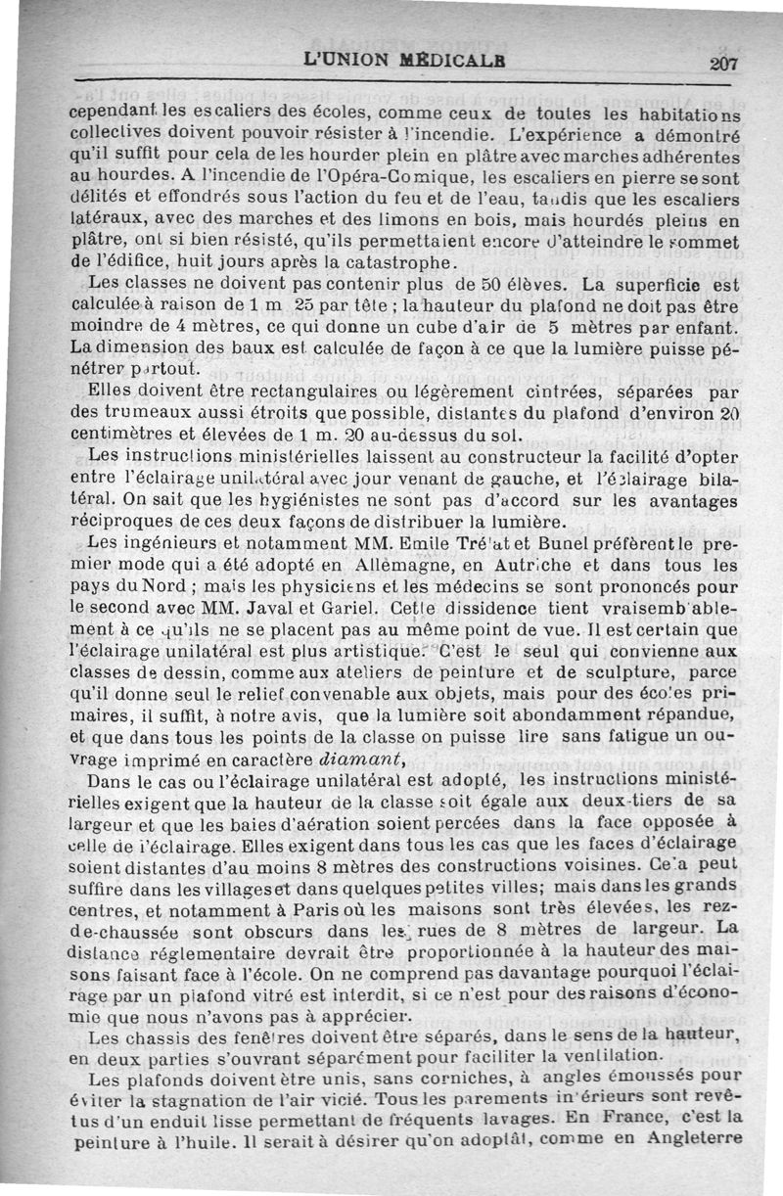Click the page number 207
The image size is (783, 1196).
(724, 62)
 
